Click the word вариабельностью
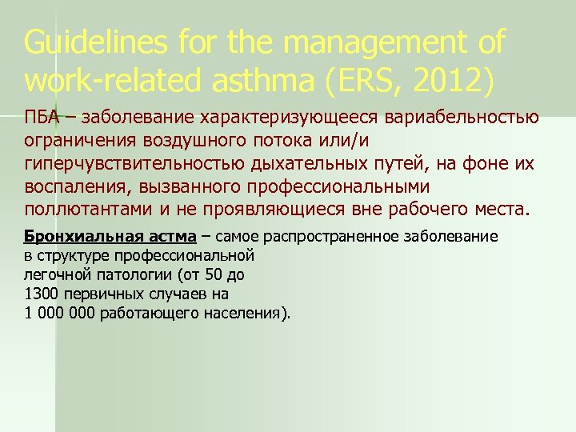pos(462,118)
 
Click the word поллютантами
pos(88,211)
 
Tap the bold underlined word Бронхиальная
pos(70,238)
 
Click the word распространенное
pos(343,238)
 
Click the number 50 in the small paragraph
pos(211,274)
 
